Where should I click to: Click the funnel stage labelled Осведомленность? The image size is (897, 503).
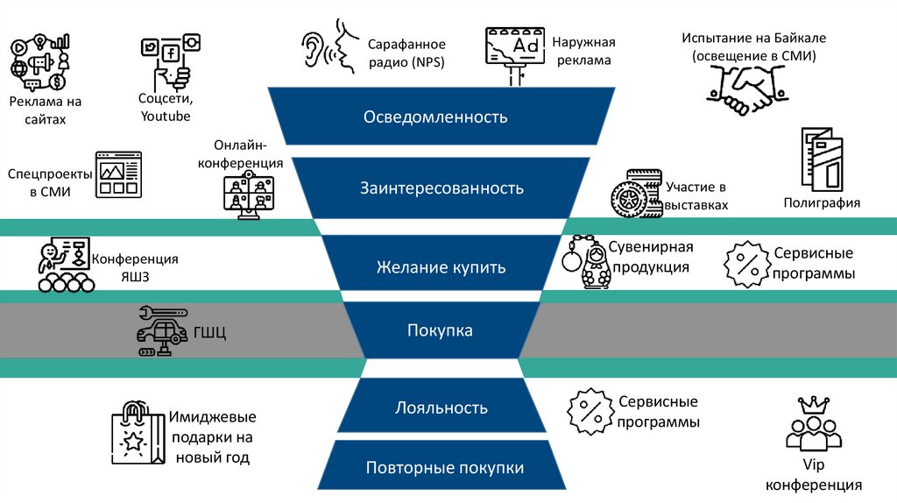pos(435,117)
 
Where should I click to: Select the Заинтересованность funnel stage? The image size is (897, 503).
pos(441,188)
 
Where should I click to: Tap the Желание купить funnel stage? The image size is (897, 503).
pos(441,266)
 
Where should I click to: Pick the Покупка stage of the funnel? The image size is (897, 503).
pos(440,330)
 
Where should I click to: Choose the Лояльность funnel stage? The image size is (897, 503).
pos(441,407)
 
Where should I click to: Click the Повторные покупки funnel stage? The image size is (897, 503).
pos(444,467)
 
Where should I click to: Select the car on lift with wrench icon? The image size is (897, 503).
pos(161,331)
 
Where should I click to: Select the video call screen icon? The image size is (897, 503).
pos(248,194)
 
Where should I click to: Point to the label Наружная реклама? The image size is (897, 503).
pos(583,52)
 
